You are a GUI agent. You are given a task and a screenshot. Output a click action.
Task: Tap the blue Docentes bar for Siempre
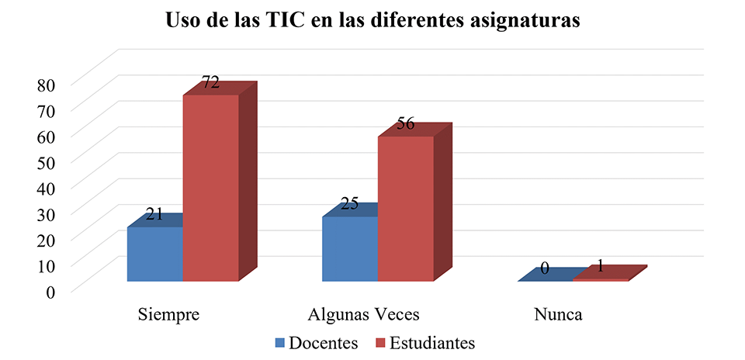(x=154, y=254)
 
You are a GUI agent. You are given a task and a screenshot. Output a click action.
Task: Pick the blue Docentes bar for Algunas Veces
(x=349, y=248)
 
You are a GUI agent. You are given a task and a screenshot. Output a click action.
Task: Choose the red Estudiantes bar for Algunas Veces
(x=405, y=208)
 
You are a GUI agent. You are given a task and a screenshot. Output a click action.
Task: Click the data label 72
(x=211, y=82)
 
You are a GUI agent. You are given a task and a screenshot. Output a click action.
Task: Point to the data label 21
(x=154, y=214)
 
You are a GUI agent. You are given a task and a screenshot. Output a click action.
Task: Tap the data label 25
(x=349, y=204)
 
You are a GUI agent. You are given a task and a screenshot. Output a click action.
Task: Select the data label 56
(x=405, y=123)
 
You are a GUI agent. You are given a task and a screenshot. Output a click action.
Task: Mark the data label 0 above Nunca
(x=545, y=268)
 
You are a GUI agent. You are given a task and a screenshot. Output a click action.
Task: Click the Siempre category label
(x=169, y=315)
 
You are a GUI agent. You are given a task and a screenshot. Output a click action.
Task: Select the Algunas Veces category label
(x=363, y=315)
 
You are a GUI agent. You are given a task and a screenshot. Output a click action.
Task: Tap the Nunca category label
(x=558, y=315)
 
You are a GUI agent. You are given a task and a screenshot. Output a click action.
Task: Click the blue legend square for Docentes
(x=279, y=342)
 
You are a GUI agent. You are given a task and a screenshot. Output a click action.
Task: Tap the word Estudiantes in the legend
(x=432, y=342)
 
